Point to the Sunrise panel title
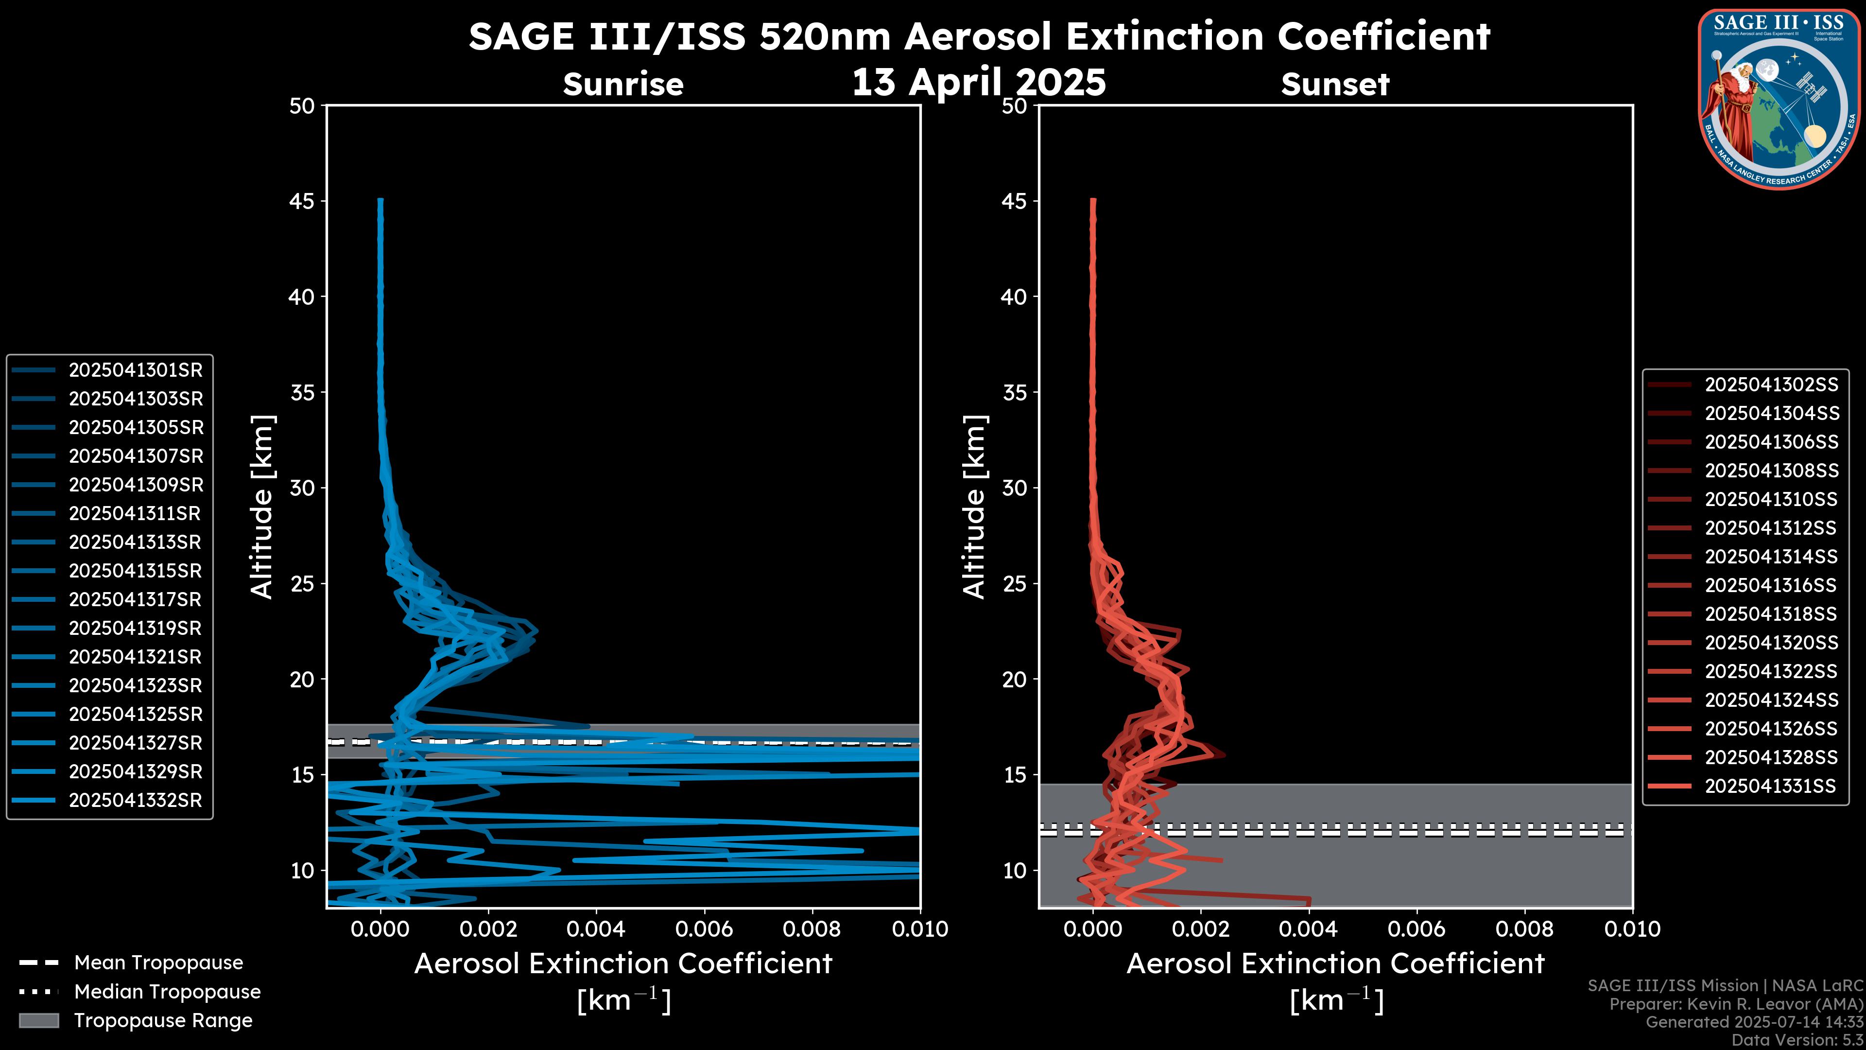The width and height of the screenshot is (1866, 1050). pyautogui.click(x=623, y=84)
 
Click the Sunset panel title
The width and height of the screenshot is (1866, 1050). pyautogui.click(x=1335, y=84)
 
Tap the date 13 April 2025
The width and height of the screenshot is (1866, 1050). pyautogui.click(x=979, y=82)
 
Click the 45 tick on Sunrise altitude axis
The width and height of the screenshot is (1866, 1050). pyautogui.click(x=302, y=201)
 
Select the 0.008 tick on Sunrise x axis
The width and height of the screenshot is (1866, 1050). pyautogui.click(x=812, y=929)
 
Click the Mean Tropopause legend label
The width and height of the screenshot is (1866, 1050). pyautogui.click(x=158, y=963)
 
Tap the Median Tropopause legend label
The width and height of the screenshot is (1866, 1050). pyautogui.click(x=167, y=992)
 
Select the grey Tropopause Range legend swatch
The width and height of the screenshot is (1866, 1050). pyautogui.click(x=38, y=1021)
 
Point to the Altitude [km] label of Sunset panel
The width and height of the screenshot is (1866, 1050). pyautogui.click(x=974, y=507)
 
